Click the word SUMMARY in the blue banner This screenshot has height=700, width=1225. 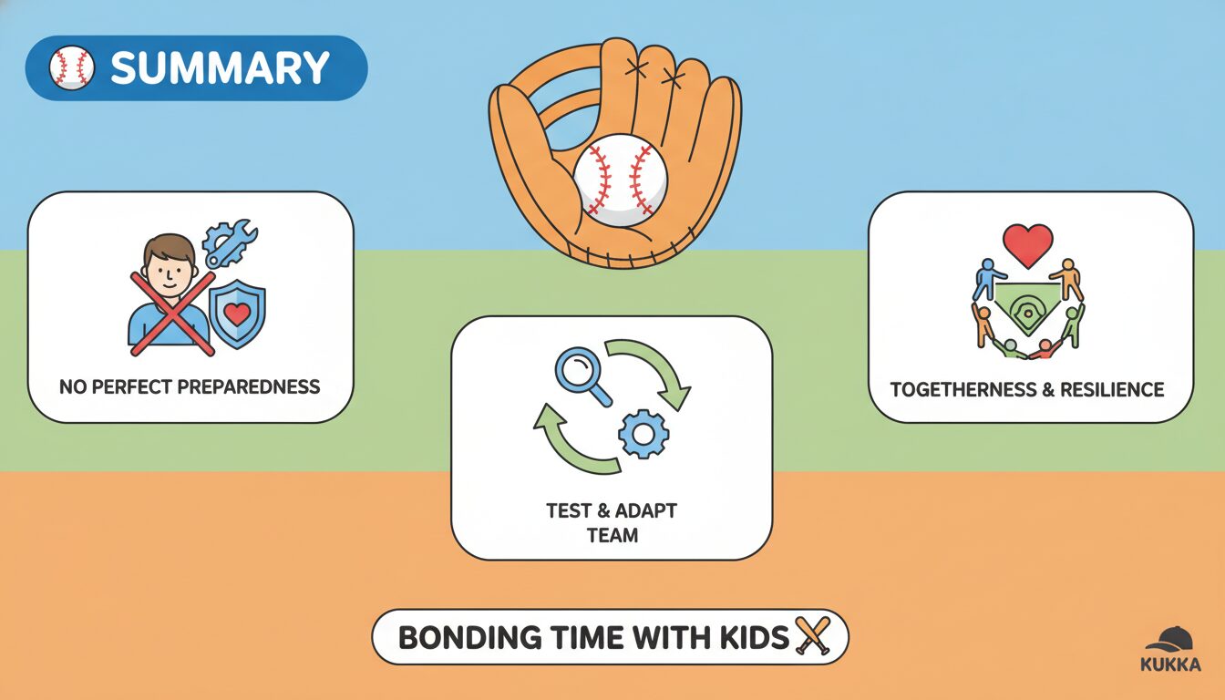220,67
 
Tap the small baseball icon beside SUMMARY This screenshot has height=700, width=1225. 72,67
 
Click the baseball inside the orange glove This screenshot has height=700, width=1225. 621,180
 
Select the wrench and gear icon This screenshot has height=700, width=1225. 230,242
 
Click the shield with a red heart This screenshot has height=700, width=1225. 237,314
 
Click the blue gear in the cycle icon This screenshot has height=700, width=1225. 643,434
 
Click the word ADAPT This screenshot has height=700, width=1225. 646,510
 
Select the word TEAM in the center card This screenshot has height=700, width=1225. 612,535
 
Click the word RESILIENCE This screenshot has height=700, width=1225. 1112,389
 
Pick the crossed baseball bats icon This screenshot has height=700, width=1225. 813,635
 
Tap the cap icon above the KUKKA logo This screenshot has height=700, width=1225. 1169,640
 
